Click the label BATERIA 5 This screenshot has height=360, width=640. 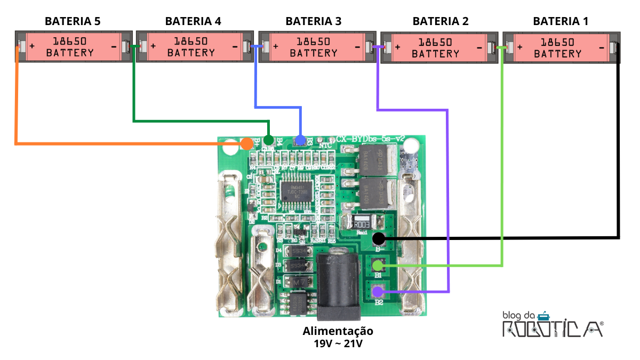73,21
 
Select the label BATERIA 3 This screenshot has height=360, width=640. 314,21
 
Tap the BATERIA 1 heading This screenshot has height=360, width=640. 561,21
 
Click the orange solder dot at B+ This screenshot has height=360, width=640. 246,143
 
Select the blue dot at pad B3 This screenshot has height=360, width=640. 300,140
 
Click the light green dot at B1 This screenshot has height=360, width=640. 378,265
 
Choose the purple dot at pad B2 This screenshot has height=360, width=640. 378,291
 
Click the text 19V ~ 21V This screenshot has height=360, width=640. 338,343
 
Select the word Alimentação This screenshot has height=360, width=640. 338,331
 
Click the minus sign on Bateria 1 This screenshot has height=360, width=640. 602,47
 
